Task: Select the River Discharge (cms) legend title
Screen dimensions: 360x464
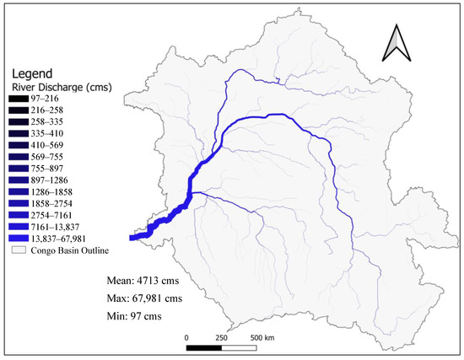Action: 53,85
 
